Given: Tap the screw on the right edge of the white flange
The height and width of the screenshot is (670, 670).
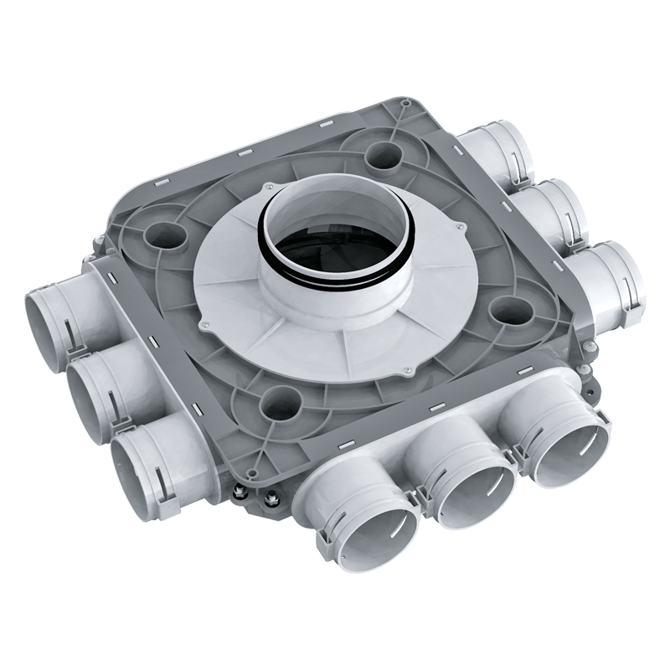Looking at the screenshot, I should click(x=461, y=224).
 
